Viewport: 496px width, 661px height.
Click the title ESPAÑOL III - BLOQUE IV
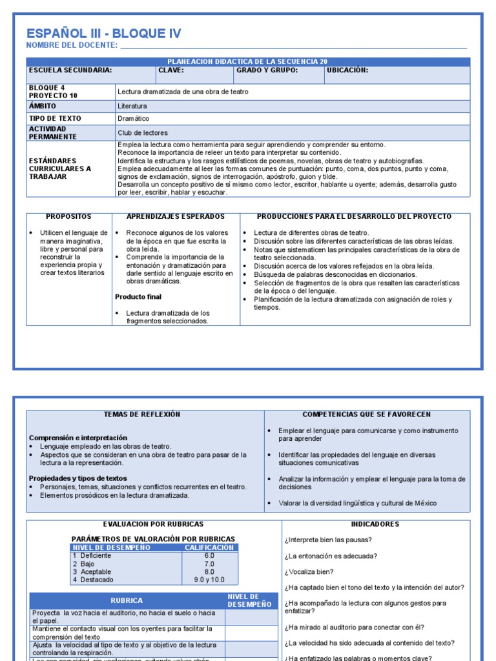(x=103, y=34)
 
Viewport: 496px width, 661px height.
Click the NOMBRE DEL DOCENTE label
(x=72, y=45)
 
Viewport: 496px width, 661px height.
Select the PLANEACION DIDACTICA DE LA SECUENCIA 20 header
(x=247, y=61)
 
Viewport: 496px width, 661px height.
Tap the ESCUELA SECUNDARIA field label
(x=70, y=70)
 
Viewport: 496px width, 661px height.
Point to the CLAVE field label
(x=171, y=70)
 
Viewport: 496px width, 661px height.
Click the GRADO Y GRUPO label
(x=267, y=70)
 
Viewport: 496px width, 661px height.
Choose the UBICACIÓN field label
(x=347, y=70)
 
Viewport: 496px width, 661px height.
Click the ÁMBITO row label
(x=43, y=106)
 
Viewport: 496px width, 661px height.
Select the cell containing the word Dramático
(x=134, y=119)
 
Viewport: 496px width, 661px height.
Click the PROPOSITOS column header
(x=69, y=217)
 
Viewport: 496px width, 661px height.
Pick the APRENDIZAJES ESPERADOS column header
(x=176, y=217)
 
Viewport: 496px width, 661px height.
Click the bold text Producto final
(x=138, y=297)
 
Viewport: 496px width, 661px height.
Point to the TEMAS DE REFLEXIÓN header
(x=142, y=414)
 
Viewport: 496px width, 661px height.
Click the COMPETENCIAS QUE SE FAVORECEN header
(x=367, y=414)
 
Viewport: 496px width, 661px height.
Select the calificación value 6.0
(x=209, y=556)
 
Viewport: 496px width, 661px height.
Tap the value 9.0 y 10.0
(x=209, y=580)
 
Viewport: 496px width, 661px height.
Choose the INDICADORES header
(x=375, y=524)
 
